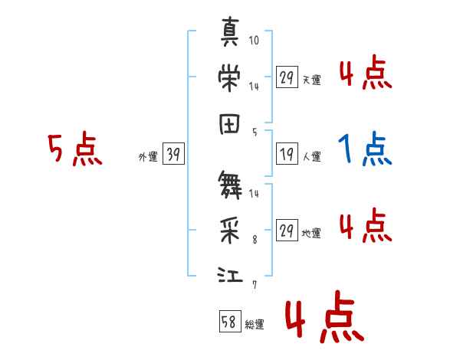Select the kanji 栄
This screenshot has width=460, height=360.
point(231,78)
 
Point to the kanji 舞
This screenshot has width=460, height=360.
point(231,185)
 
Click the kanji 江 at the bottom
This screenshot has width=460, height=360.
point(231,274)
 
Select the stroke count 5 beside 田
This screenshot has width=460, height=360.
point(254,132)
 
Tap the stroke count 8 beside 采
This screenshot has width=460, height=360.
point(254,238)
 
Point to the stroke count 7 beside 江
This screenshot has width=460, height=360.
point(254,284)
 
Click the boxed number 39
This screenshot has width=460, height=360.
point(173,155)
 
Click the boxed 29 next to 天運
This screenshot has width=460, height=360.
point(287,77)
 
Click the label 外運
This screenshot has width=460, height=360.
point(147,157)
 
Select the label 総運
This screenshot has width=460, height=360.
point(255,325)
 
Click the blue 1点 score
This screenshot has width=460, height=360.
point(366,149)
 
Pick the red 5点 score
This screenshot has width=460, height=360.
point(74,149)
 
